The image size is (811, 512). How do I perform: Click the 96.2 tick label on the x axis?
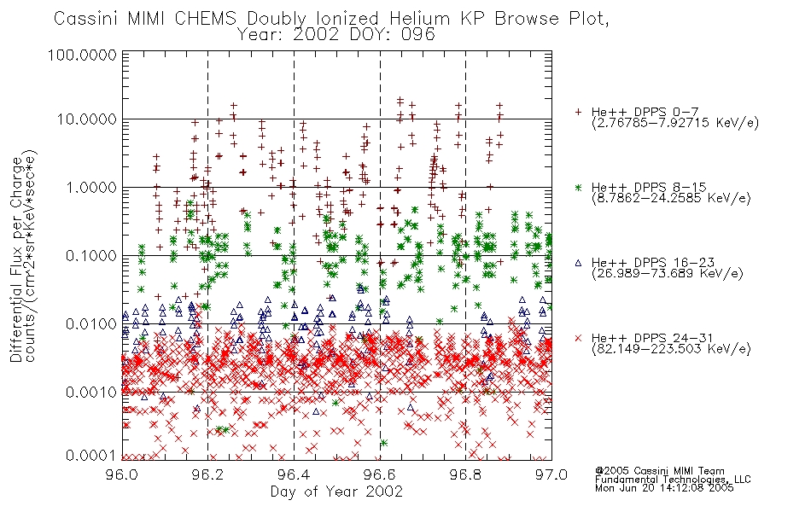coord(208,474)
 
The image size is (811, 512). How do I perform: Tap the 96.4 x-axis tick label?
coord(294,474)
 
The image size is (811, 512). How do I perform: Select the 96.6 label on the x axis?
coord(380,474)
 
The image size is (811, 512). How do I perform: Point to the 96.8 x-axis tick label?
coord(465,474)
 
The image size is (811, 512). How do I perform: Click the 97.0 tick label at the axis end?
coord(551,474)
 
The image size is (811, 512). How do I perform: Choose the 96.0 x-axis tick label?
coord(122,474)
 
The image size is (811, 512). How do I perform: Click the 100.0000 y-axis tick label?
coord(82,55)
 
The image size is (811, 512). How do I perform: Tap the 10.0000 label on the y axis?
coord(86,119)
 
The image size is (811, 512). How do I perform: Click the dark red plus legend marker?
coord(578,112)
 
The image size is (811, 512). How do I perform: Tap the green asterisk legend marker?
coord(578,187)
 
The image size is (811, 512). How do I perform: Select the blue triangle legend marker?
coord(578,263)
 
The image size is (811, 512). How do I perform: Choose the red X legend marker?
coord(578,338)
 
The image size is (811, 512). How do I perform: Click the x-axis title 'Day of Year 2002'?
coord(336,492)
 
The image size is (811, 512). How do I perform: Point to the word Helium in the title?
coord(419,19)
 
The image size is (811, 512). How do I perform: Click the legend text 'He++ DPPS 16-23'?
coord(653,262)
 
